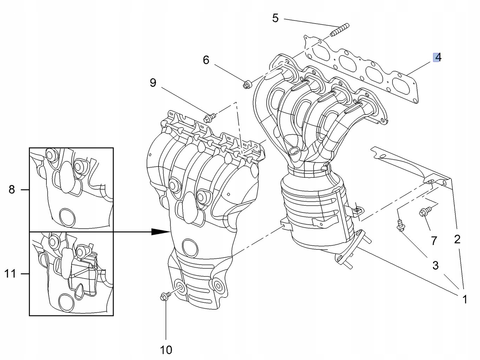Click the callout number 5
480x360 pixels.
pyautogui.click(x=275, y=18)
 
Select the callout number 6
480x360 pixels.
pyautogui.click(x=206, y=60)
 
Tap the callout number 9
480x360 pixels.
pyautogui.click(x=153, y=83)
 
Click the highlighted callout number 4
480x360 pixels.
pyautogui.click(x=437, y=57)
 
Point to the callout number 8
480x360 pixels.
pyautogui.click(x=12, y=190)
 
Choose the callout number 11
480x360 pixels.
pyautogui.click(x=11, y=273)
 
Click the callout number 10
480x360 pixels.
pyautogui.click(x=166, y=349)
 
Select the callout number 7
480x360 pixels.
pyautogui.click(x=434, y=241)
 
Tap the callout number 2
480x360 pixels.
pyautogui.click(x=457, y=239)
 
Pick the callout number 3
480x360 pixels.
pyautogui.click(x=435, y=265)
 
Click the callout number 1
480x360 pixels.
pyautogui.click(x=465, y=299)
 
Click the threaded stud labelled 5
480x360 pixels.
pyautogui.click(x=339, y=30)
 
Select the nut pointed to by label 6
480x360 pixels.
pyautogui.click(x=247, y=84)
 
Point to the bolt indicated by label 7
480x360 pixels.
pyautogui.click(x=423, y=212)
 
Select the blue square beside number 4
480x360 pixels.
pyautogui.click(x=436, y=57)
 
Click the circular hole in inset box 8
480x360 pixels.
pyautogui.click(x=66, y=217)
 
